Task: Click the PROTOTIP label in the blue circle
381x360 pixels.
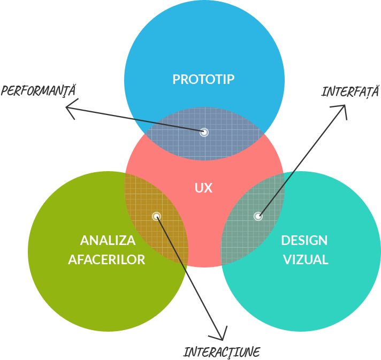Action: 203,79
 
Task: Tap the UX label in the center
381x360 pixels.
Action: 204,188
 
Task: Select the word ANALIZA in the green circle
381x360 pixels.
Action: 108,240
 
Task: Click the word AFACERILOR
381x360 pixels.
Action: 106,259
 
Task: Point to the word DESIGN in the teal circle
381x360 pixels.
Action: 304,240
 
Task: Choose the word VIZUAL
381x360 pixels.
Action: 306,259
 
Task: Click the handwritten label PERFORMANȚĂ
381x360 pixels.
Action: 38,90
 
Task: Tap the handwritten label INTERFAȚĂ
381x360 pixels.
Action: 350,91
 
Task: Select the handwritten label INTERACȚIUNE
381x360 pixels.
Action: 222,352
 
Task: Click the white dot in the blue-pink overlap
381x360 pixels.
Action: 204,132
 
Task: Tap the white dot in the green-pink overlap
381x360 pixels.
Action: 156,216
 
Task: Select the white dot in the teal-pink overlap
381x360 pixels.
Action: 258,216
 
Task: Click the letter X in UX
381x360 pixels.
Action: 208,188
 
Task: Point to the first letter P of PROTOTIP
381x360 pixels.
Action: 176,79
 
